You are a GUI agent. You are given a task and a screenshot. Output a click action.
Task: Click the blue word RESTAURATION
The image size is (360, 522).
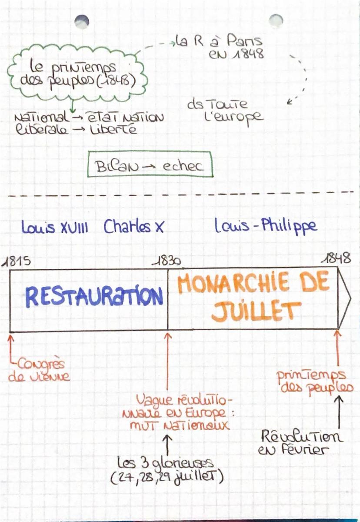coord(94,296)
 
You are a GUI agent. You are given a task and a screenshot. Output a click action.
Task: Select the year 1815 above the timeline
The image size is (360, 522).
coord(16,261)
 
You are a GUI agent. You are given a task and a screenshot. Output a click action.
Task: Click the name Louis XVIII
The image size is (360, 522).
coord(55,227)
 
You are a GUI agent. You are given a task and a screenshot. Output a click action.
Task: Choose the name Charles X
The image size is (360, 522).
coord(134,226)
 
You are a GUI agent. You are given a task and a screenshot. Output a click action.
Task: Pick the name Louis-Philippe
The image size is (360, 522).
coord(266,226)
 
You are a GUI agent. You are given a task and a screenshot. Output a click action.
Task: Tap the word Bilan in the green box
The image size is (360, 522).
coord(116,166)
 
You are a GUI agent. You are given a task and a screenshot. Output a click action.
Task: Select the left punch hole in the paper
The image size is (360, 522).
coord(82,22)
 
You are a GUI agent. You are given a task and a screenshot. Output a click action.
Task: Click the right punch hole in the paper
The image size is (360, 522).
coord(276,21)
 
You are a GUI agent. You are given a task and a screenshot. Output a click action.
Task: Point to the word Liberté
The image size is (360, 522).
coord(113,129)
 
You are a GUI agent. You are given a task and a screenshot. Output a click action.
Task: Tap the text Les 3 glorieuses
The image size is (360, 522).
coord(165,462)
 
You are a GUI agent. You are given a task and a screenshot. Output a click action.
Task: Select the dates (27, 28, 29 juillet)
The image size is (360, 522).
coord(167,477)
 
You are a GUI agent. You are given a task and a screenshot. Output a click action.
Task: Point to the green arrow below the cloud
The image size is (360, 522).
coord(73,106)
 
